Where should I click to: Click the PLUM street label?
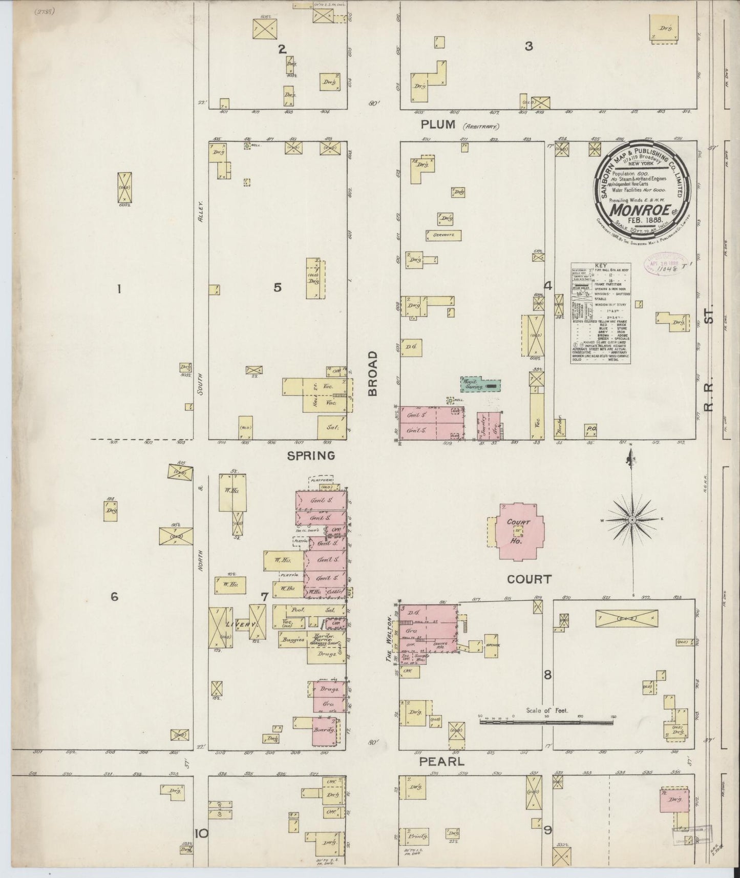[438, 124]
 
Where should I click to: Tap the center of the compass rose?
[632, 519]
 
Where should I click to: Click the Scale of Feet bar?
[546, 722]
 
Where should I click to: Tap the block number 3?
[528, 47]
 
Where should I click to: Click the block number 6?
[114, 596]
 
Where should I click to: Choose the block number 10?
[201, 833]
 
